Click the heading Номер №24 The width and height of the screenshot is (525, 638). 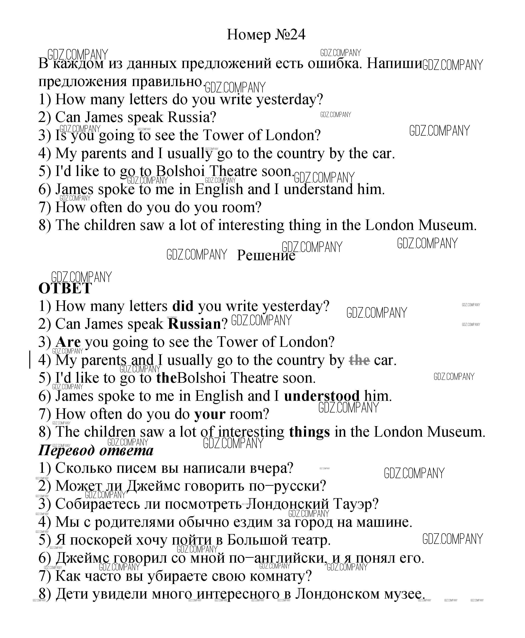[266, 34]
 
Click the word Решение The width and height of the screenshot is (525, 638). [266, 255]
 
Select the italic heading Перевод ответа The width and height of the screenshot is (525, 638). [96, 450]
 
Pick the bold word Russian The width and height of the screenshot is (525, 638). [195, 324]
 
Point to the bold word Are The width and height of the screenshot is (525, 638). [68, 342]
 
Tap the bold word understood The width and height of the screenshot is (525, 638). [322, 396]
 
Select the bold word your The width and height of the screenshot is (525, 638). [210, 414]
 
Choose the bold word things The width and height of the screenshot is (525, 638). [309, 432]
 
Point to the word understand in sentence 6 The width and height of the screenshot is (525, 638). [318, 189]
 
